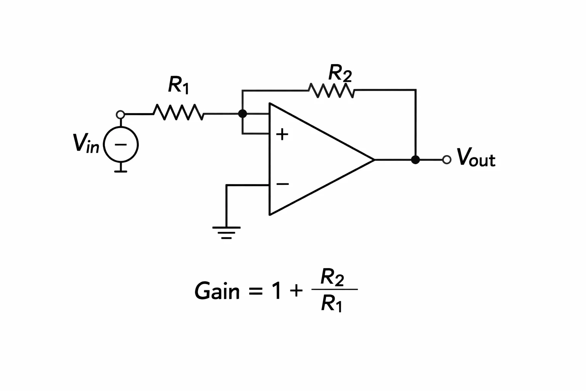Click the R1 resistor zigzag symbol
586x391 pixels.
click(178, 113)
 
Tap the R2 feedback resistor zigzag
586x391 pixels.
click(331, 90)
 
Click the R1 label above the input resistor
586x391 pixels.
click(179, 85)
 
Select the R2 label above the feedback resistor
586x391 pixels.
click(340, 73)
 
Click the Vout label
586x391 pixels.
click(476, 157)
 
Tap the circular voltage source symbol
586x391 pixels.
click(121, 145)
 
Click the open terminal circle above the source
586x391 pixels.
click(120, 115)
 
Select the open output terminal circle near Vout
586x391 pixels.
click(447, 160)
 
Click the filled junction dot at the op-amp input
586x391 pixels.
click(243, 114)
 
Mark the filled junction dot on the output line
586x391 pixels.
click(415, 160)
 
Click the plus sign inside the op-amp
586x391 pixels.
click(282, 134)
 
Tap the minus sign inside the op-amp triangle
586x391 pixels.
click(283, 184)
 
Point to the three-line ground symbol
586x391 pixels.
click(226, 233)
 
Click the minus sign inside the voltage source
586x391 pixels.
click(121, 144)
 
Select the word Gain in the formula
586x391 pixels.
click(217, 291)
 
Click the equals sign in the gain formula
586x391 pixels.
click(255, 291)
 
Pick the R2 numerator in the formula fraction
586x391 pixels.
click(332, 277)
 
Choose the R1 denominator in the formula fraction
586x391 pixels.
click(332, 303)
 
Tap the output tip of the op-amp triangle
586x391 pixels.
click(374, 160)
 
